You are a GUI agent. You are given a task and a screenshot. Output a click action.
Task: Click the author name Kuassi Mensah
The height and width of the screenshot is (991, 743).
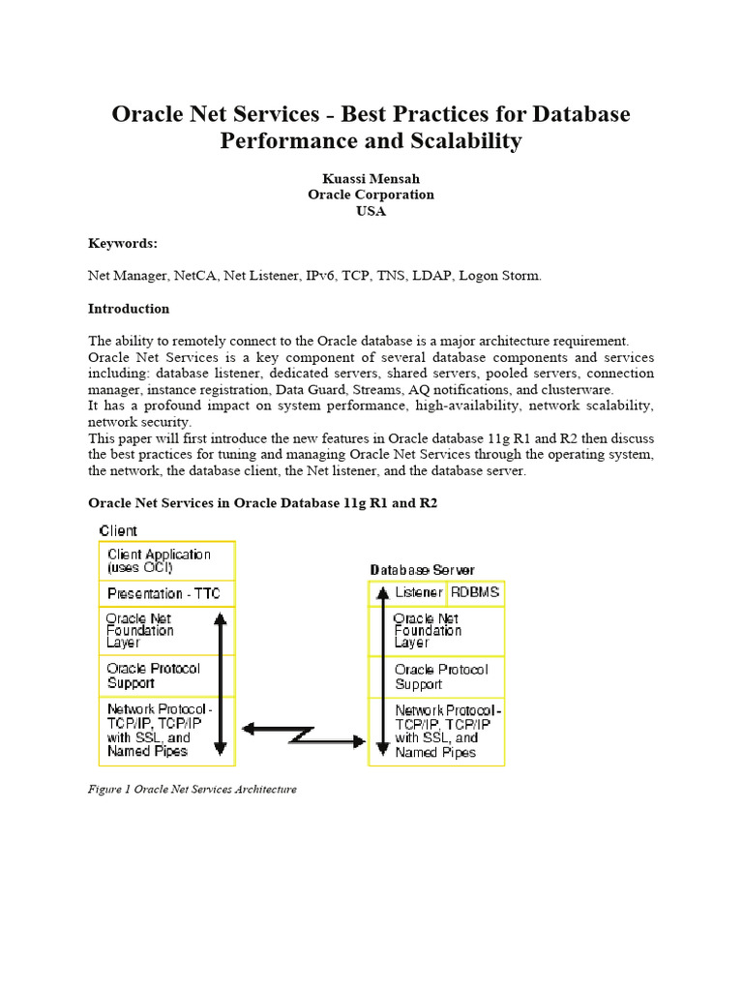pos(371,177)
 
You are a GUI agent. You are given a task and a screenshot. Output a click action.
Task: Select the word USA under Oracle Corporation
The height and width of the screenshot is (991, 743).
pos(371,211)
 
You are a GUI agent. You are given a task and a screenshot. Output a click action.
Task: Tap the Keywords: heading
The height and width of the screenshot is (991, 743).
pos(122,244)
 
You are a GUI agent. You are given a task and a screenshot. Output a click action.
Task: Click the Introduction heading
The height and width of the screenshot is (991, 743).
pos(129,309)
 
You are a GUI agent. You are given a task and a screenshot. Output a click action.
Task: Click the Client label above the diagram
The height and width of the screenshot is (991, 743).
pos(118,530)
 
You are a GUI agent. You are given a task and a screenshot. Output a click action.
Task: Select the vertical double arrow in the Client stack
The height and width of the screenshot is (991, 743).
pos(221,683)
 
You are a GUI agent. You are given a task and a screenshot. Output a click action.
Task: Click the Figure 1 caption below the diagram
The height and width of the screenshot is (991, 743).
pos(193,789)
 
